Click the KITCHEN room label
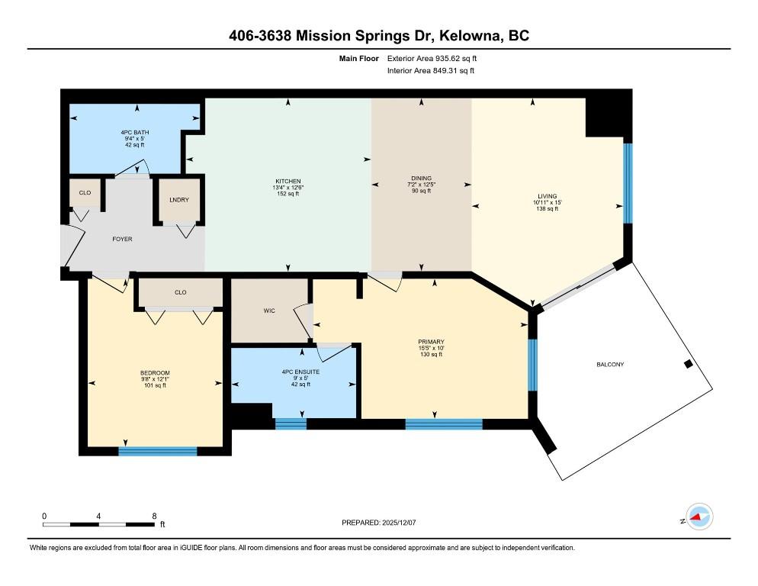(288, 182)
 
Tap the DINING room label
(421, 178)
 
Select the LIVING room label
(548, 196)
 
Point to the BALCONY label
(610, 365)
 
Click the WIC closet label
(269, 311)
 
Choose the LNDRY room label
(179, 200)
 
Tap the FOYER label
(122, 239)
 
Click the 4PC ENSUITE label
(300, 372)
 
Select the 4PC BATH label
(135, 133)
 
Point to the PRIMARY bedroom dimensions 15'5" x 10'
(431, 348)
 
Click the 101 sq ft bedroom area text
(155, 385)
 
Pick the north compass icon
(699, 517)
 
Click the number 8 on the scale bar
(154, 516)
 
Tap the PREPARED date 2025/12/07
(399, 523)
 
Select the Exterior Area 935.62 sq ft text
(432, 59)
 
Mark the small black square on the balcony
(689, 365)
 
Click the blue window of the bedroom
(158, 452)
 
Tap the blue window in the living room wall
(628, 183)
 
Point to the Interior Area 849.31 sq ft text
(431, 71)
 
